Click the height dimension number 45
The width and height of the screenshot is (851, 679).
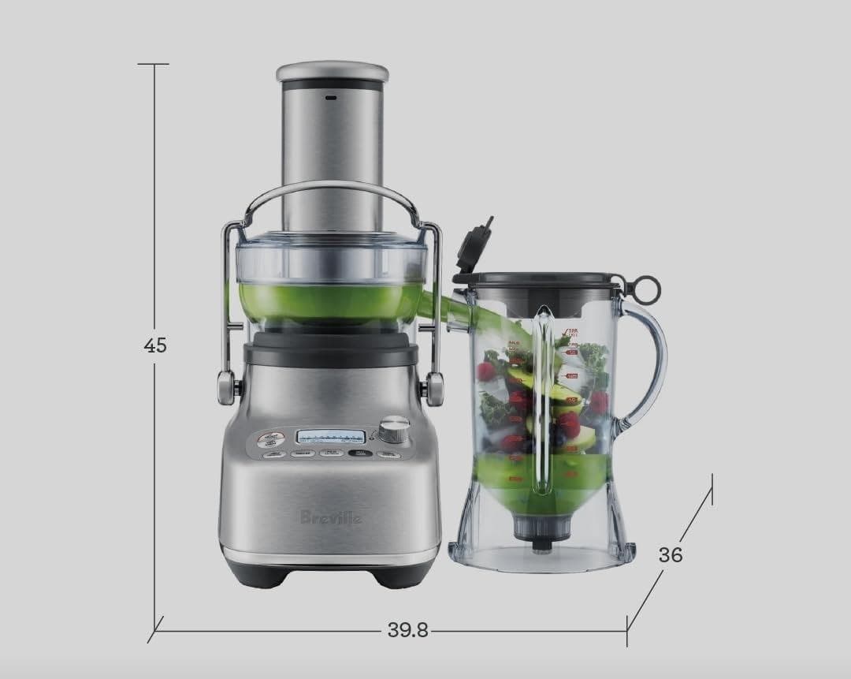[x=155, y=345]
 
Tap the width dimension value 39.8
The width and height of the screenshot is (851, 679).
[x=407, y=630]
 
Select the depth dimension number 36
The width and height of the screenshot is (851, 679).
[x=671, y=554]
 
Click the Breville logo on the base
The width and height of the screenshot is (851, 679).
[x=331, y=517]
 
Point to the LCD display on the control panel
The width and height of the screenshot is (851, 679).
[x=331, y=436]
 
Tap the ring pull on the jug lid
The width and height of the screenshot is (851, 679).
[x=645, y=285]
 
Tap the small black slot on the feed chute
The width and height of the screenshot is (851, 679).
[x=330, y=99]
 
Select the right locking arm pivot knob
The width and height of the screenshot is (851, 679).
[x=434, y=386]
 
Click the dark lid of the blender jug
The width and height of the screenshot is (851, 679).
[x=544, y=280]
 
